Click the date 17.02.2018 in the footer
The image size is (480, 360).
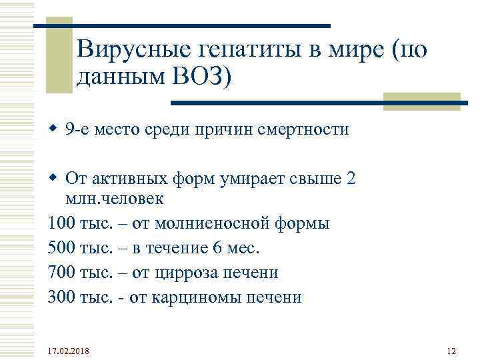pyautogui.click(x=70, y=351)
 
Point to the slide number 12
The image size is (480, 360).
pyautogui.click(x=451, y=351)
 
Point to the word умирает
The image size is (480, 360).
pyautogui.click(x=257, y=179)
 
